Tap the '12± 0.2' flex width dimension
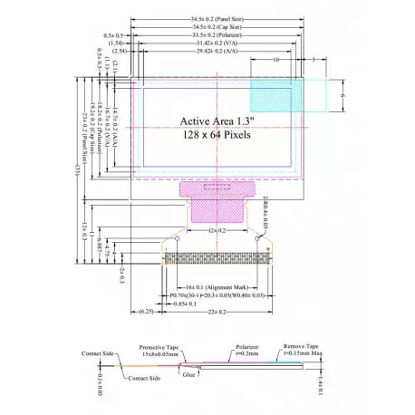[217, 233]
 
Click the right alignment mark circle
[260, 237]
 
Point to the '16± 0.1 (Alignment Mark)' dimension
[209, 284]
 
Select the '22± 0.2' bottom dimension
[217, 312]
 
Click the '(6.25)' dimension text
[145, 312]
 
